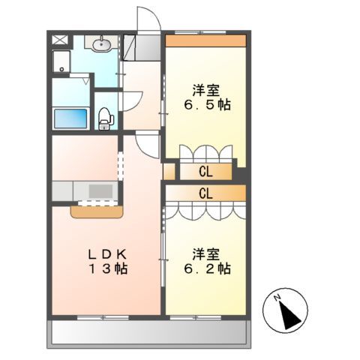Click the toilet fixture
click(106, 117)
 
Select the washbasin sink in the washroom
click(102, 46)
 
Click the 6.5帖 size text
click(205, 105)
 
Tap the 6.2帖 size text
click(205, 268)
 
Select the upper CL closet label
click(205, 172)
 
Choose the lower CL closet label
click(205, 193)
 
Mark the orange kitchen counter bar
click(97, 211)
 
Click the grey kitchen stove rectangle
click(99, 190)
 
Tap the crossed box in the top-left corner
click(60, 41)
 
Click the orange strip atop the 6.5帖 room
click(205, 40)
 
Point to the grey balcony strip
click(149, 332)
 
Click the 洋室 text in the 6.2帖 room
click(205, 253)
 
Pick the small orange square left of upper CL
click(169, 172)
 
